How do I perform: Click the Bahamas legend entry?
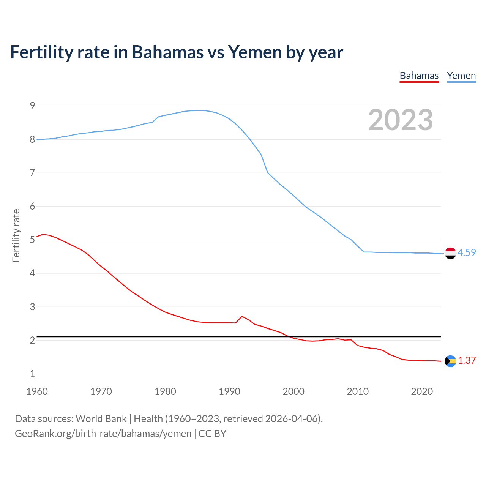pos(419,76)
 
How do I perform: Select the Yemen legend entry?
pos(461,76)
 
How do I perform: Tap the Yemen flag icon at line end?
pos(450,253)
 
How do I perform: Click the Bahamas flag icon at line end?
pos(450,361)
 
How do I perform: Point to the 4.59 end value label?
pos(467,252)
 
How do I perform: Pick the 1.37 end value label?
pos(467,360)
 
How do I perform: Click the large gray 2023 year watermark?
pos(401,120)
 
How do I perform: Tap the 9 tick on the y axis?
pos(32,106)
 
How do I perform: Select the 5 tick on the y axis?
pos(32,240)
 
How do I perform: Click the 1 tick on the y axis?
pos(32,374)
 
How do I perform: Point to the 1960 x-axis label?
pos(37,391)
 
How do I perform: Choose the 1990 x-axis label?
pos(229,391)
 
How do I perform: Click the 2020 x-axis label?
pos(422,391)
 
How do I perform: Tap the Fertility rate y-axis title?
pos(16,235)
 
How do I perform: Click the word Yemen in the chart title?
pos(255,52)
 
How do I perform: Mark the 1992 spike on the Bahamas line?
pos(242,316)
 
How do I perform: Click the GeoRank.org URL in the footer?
pos(103,434)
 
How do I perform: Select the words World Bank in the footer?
pos(101,419)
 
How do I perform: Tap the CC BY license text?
pos(212,434)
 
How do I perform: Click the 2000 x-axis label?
pos(293,391)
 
